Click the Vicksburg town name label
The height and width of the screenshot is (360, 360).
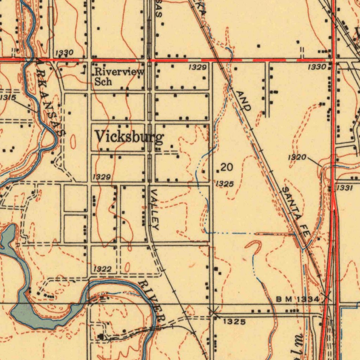[x=129, y=137]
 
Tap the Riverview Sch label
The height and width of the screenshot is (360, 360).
[x=119, y=77]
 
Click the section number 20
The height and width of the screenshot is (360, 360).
[x=227, y=167]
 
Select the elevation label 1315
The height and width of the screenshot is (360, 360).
[x=8, y=97]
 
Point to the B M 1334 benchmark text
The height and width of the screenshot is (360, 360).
[x=297, y=299]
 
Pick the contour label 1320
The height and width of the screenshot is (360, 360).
[x=297, y=157]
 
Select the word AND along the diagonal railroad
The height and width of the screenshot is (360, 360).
[x=244, y=101]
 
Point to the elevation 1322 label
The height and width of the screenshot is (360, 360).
[x=103, y=269]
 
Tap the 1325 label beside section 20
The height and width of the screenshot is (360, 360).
[x=225, y=184]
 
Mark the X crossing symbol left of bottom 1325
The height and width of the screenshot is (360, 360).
[x=213, y=311]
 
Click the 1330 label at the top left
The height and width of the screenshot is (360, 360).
[x=64, y=53]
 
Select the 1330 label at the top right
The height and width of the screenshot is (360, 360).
[x=317, y=66]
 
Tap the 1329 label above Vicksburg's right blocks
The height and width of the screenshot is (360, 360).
[x=197, y=67]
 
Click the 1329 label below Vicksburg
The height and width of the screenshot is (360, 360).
[x=102, y=177]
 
